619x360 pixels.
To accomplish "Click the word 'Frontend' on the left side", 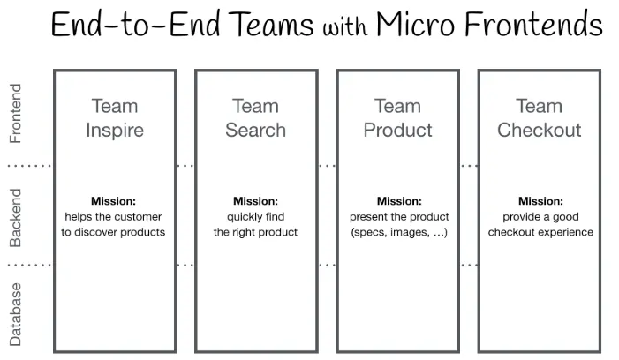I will point(15,113).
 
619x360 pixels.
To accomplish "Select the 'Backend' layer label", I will point(15,216).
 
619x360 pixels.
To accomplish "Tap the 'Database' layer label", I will point(15,313).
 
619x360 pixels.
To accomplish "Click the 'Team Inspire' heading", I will point(114,118).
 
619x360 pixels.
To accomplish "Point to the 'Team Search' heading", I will point(255,118).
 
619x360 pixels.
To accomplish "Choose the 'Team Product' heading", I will point(397,118).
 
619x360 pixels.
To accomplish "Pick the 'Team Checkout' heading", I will point(539,118).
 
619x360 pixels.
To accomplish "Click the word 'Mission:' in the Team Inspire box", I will point(113,201).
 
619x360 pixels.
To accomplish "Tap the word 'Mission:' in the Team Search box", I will point(255,201).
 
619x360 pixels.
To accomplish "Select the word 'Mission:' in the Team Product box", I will point(398,201).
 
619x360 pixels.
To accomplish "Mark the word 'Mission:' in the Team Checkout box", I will point(540,201).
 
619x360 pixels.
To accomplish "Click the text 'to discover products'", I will point(113,233).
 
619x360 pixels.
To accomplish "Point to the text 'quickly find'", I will point(255,217).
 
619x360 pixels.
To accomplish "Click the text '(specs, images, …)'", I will point(398,233).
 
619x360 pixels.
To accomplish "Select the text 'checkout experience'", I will point(540,233).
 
